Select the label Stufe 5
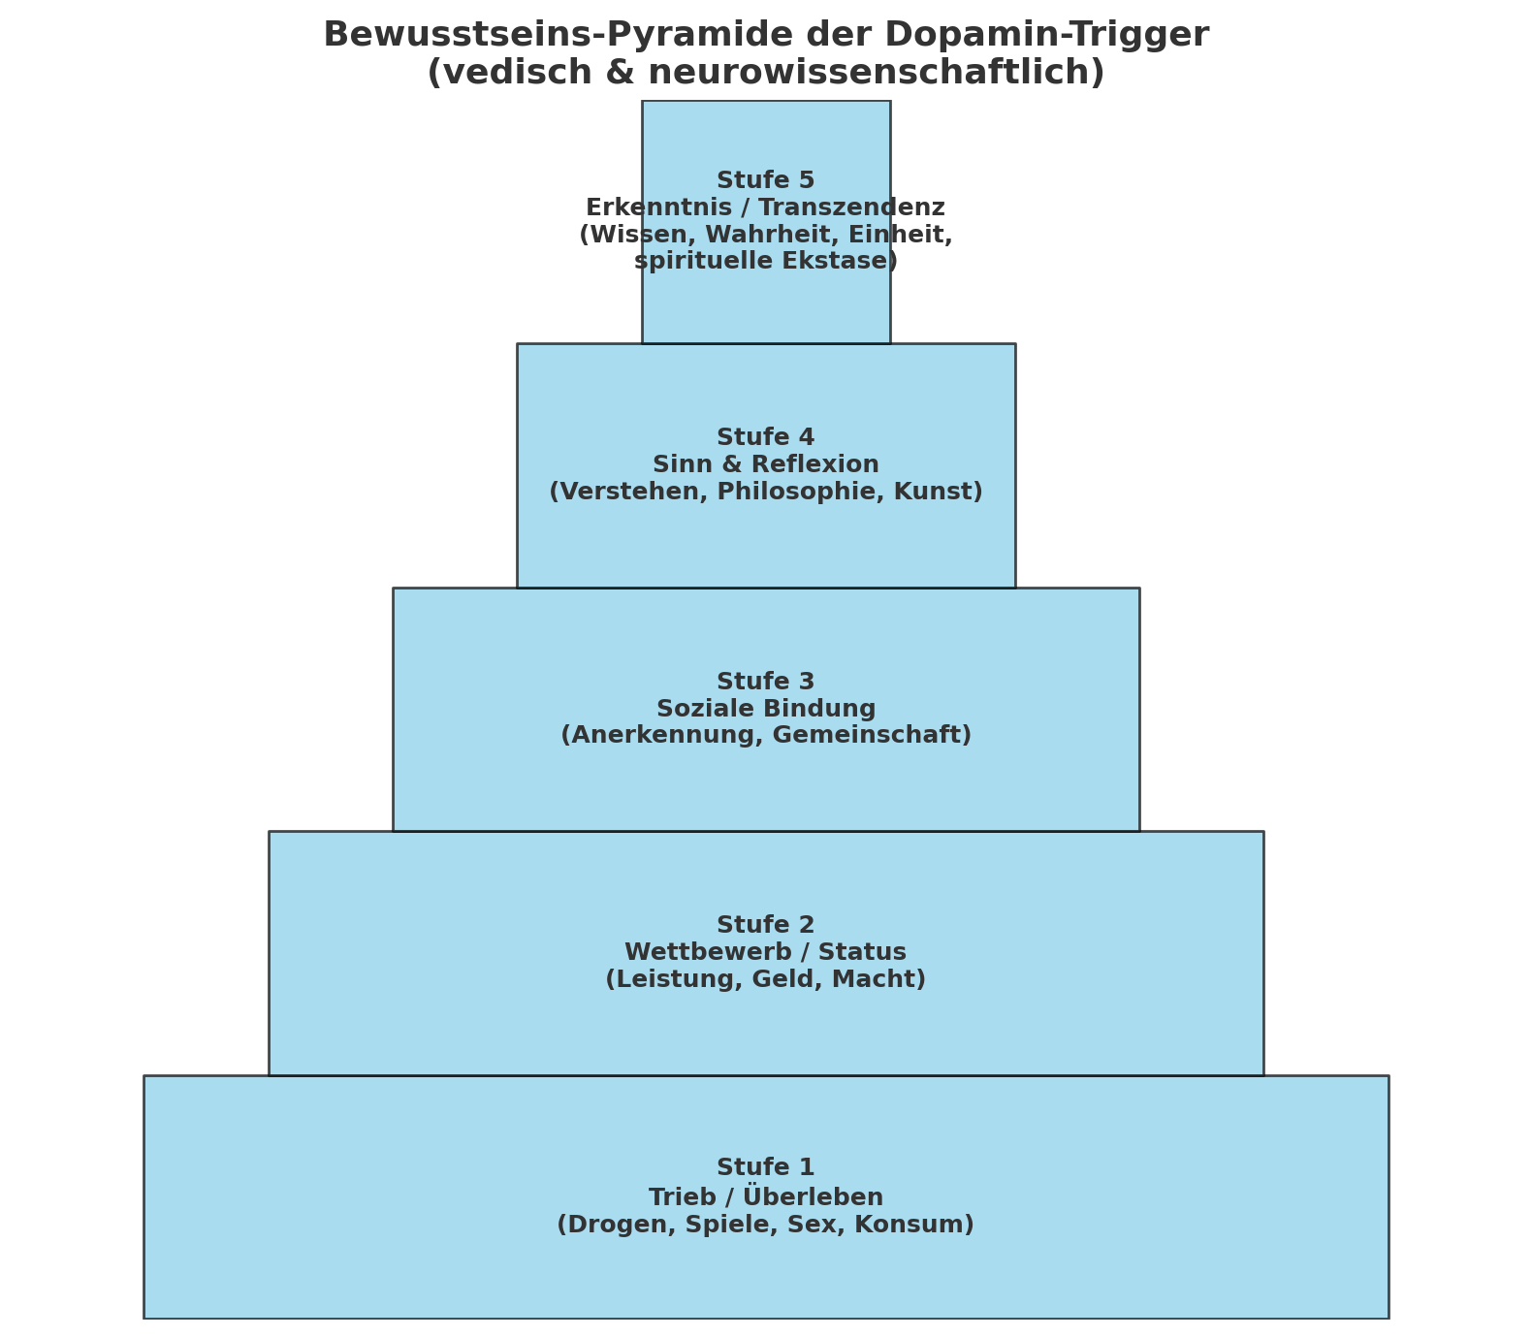765,180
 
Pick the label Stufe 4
765,437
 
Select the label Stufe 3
765,682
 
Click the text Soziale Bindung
765,709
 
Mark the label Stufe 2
765,925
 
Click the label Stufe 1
765,1167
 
